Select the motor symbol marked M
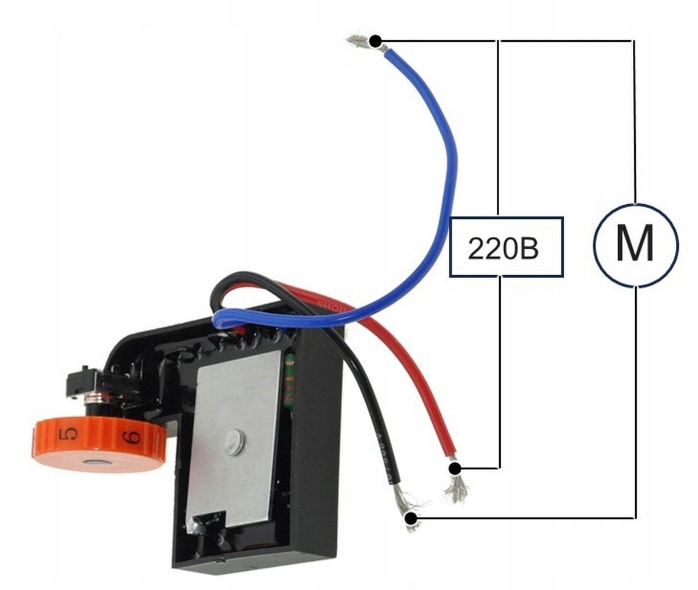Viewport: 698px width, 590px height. coord(635,244)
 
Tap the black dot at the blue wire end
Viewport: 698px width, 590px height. coord(376,41)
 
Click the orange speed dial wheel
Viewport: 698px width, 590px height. coord(99,445)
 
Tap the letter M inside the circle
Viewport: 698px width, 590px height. coord(635,244)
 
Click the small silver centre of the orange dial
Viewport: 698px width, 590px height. coord(93,463)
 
